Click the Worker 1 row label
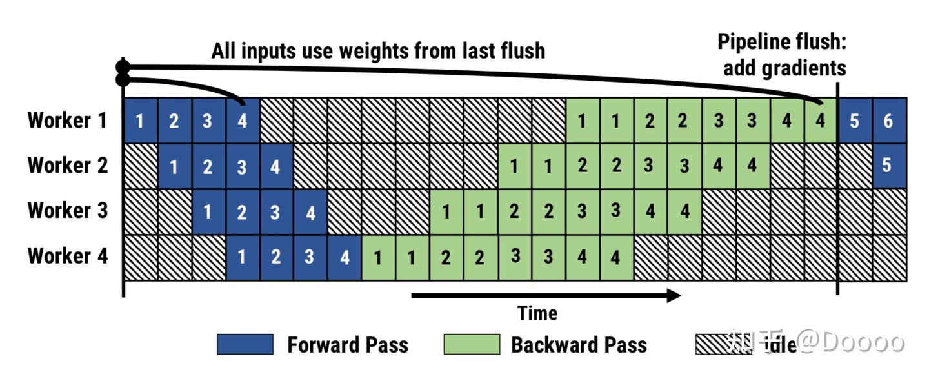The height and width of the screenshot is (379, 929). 68,120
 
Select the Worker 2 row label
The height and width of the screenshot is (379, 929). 68,165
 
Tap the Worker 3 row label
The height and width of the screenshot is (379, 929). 68,210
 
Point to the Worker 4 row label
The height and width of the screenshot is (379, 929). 68,255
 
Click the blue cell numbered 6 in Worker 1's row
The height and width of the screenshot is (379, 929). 890,121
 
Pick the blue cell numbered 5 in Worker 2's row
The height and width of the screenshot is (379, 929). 890,166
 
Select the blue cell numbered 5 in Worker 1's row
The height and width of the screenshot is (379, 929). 855,121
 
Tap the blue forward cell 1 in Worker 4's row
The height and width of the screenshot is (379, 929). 243,258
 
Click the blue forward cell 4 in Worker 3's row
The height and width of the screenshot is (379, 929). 311,212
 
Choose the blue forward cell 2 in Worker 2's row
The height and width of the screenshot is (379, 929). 208,166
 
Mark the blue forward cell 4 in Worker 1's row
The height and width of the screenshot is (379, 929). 243,121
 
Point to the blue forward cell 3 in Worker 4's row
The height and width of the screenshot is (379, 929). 310,258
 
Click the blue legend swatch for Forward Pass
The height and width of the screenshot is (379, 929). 245,344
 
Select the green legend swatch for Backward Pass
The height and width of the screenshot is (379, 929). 472,344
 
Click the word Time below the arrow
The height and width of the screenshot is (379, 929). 537,313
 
